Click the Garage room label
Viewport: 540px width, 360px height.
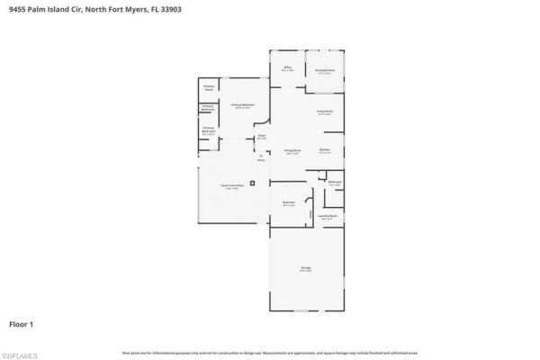coord(305,268)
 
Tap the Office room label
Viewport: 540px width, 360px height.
coord(288,67)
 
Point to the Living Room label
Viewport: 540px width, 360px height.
coord(325,112)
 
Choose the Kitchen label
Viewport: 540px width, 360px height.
coord(325,150)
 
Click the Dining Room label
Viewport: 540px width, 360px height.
coord(292,150)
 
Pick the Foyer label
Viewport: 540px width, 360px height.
coord(262,136)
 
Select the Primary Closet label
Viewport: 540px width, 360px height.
coord(208,87)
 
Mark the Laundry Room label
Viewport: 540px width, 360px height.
coord(328,216)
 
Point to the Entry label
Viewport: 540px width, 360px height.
coord(261,158)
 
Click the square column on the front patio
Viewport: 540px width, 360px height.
coord(253,183)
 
